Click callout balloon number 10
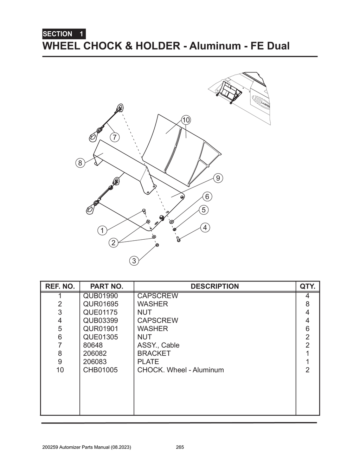coord(186,120)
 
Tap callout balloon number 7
coord(115,137)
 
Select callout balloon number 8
coord(80,163)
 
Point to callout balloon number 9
coord(218,178)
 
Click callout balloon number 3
coord(134,261)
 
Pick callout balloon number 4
coord(205,227)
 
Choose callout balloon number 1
coord(102,231)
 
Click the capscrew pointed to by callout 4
coord(178,239)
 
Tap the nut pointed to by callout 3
coord(157,245)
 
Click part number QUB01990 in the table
coord(101,296)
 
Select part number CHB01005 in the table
coord(101,370)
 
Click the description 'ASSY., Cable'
coord(158,345)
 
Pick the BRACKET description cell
coord(154,353)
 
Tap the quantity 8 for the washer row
coord(307,304)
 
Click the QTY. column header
coord(307,286)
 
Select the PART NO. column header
coord(107,286)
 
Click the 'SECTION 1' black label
coord(64,34)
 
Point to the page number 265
coord(180,447)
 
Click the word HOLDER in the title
coord(158,46)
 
